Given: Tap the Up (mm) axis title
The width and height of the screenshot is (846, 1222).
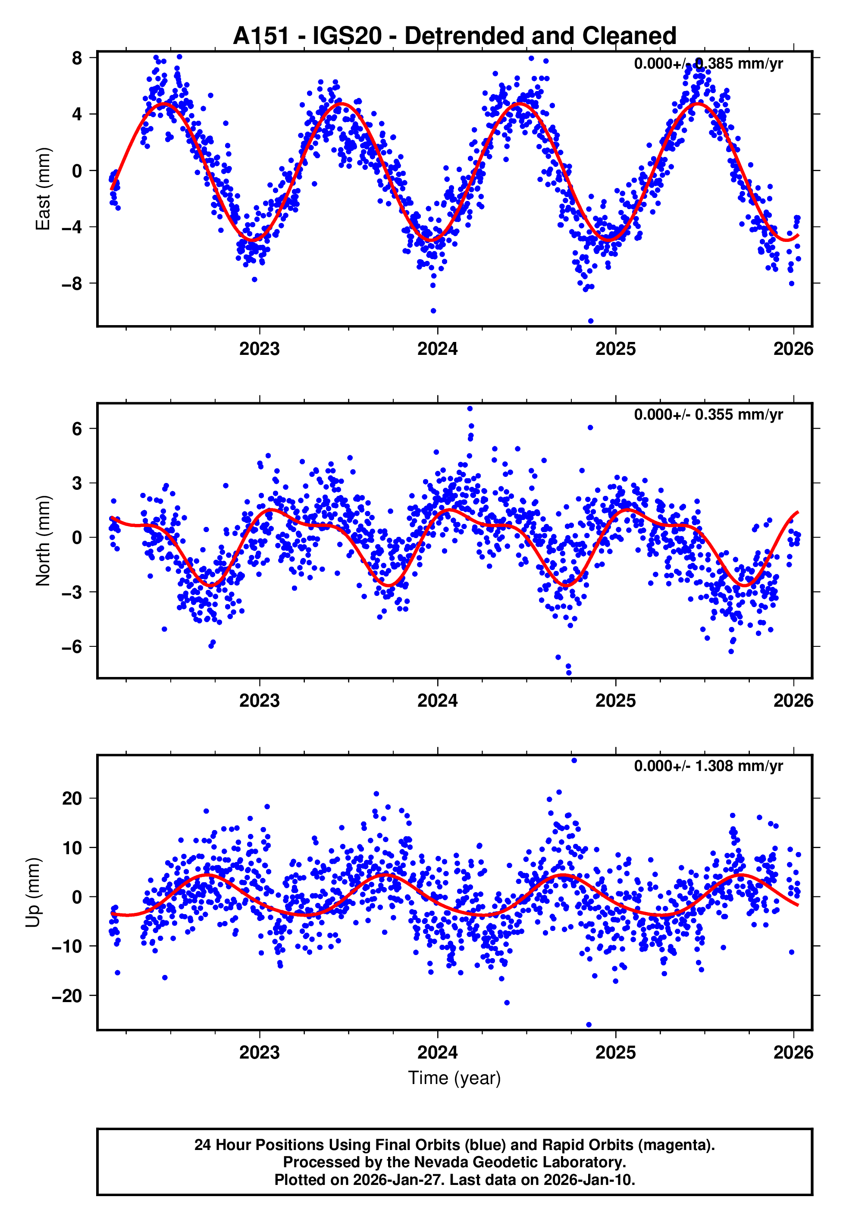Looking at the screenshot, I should click(x=33, y=893).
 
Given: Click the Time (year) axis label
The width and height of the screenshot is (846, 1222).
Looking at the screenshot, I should click(x=454, y=1078).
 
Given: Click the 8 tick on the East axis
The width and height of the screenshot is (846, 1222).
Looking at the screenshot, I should click(x=77, y=58).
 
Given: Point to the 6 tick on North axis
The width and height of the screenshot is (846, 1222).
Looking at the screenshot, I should click(x=77, y=429).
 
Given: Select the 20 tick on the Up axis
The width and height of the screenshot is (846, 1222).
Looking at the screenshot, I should click(x=72, y=799).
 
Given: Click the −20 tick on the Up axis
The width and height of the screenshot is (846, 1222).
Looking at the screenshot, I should click(x=67, y=996).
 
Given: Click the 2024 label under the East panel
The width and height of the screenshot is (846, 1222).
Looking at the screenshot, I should click(x=437, y=349).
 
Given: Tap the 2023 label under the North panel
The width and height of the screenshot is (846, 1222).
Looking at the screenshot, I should click(x=259, y=701).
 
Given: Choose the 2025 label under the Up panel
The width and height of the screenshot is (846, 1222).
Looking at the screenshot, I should click(x=615, y=1053).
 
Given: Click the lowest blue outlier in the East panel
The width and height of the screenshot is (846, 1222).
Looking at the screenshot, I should click(x=591, y=321).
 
